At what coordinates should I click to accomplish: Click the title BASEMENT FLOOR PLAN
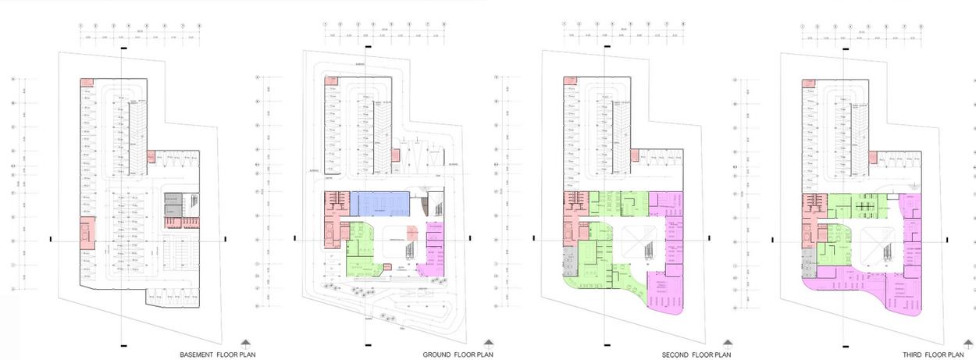(x=217, y=355)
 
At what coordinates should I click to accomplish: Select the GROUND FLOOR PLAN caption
(x=458, y=355)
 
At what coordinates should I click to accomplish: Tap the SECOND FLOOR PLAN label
(x=696, y=355)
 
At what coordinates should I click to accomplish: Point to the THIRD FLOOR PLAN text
(x=934, y=355)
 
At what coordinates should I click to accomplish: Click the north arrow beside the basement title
(x=245, y=344)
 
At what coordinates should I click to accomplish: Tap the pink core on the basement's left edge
(x=85, y=233)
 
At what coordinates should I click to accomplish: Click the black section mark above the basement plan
(x=124, y=48)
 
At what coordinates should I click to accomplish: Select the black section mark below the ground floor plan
(x=364, y=344)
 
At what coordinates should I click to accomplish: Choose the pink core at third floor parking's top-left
(x=809, y=81)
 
